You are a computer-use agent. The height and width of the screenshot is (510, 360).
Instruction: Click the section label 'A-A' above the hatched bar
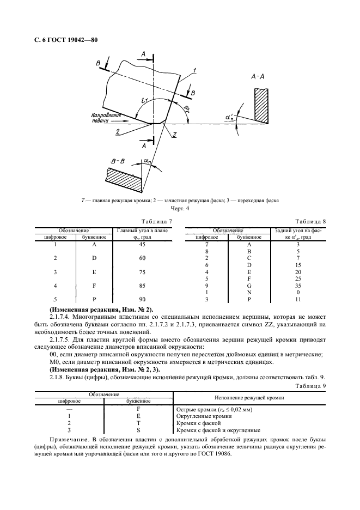[258, 77]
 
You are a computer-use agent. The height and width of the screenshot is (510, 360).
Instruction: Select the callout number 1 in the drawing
[194, 70]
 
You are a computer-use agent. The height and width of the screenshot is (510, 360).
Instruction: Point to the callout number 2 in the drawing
[118, 132]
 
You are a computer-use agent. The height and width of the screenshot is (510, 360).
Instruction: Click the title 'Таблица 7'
[156, 222]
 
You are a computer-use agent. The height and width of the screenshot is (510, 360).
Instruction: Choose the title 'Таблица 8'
[310, 222]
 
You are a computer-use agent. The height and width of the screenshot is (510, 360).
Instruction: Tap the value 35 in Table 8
[298, 285]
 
